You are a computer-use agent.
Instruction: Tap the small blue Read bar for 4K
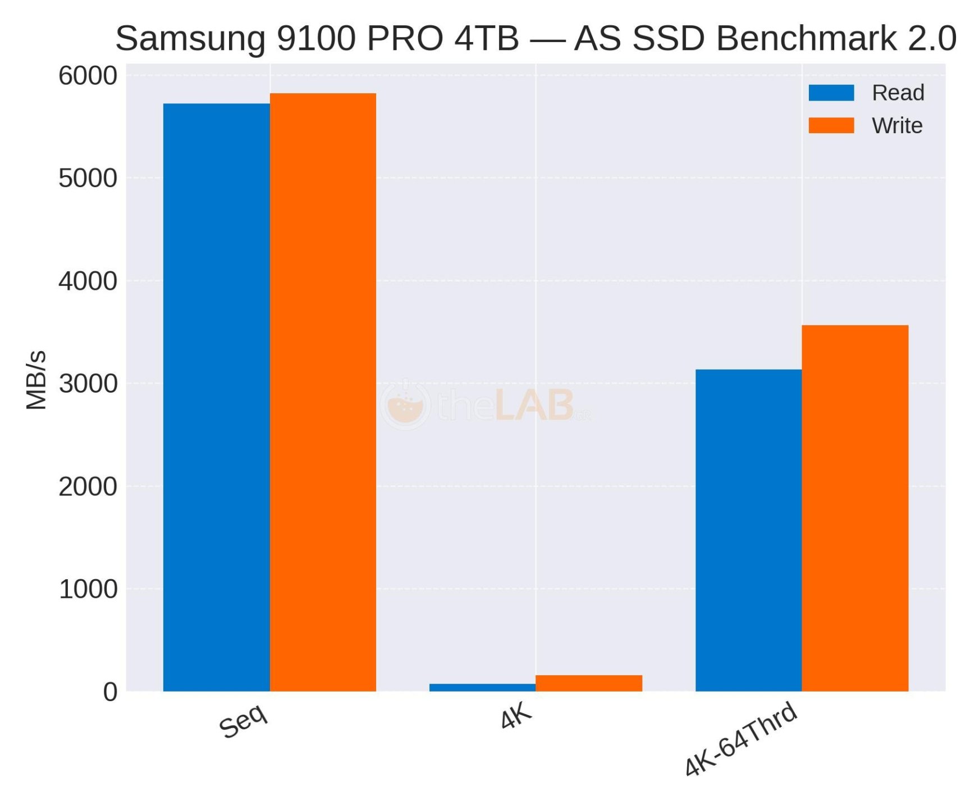[x=482, y=687]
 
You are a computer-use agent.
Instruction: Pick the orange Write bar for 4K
[x=589, y=683]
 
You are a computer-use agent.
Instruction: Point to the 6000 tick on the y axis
[x=88, y=76]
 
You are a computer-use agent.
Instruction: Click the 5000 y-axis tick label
[x=88, y=179]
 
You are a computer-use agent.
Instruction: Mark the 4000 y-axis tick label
[x=88, y=281]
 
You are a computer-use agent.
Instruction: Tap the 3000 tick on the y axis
[x=88, y=384]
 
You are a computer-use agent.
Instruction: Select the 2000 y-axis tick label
[x=88, y=487]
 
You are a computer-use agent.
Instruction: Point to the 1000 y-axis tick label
[x=88, y=589]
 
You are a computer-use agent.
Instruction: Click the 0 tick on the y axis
[x=110, y=692]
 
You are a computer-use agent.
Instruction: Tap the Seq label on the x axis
[x=244, y=721]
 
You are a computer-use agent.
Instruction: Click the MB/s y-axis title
[x=36, y=380]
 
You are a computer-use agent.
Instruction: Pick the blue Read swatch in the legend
[x=831, y=93]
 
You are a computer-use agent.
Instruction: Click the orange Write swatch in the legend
[x=831, y=125]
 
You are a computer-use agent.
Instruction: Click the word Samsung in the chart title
[x=190, y=38]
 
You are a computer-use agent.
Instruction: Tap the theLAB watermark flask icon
[x=405, y=404]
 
